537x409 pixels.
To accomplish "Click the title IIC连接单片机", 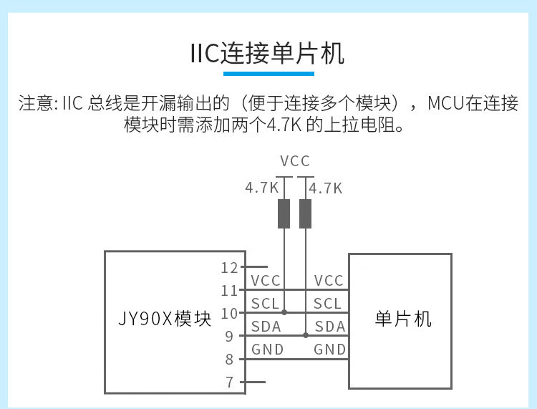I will point(268,54).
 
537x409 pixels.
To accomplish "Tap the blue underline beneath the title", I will point(268,73).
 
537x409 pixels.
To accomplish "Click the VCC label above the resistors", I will point(295,160).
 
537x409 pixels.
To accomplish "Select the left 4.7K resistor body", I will point(284,213).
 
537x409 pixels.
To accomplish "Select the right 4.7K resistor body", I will point(306,213).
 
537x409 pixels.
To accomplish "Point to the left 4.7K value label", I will point(261,188).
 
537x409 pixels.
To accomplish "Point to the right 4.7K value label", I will point(326,188).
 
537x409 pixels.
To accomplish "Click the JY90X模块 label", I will point(165,319).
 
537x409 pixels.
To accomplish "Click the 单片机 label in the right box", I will point(403,319).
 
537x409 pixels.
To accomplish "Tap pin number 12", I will point(229,268).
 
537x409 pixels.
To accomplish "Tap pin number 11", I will point(229,291).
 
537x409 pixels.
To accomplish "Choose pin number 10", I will point(229,313).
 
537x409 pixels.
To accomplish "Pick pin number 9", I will point(229,336).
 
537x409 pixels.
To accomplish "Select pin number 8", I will point(229,359).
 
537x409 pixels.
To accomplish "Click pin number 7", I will point(229,382).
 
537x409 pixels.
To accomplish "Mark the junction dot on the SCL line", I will point(284,312).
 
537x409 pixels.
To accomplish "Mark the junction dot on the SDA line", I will point(306,335).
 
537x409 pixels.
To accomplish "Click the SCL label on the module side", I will point(266,304).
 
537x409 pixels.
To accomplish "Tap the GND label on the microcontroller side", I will point(329,350).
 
